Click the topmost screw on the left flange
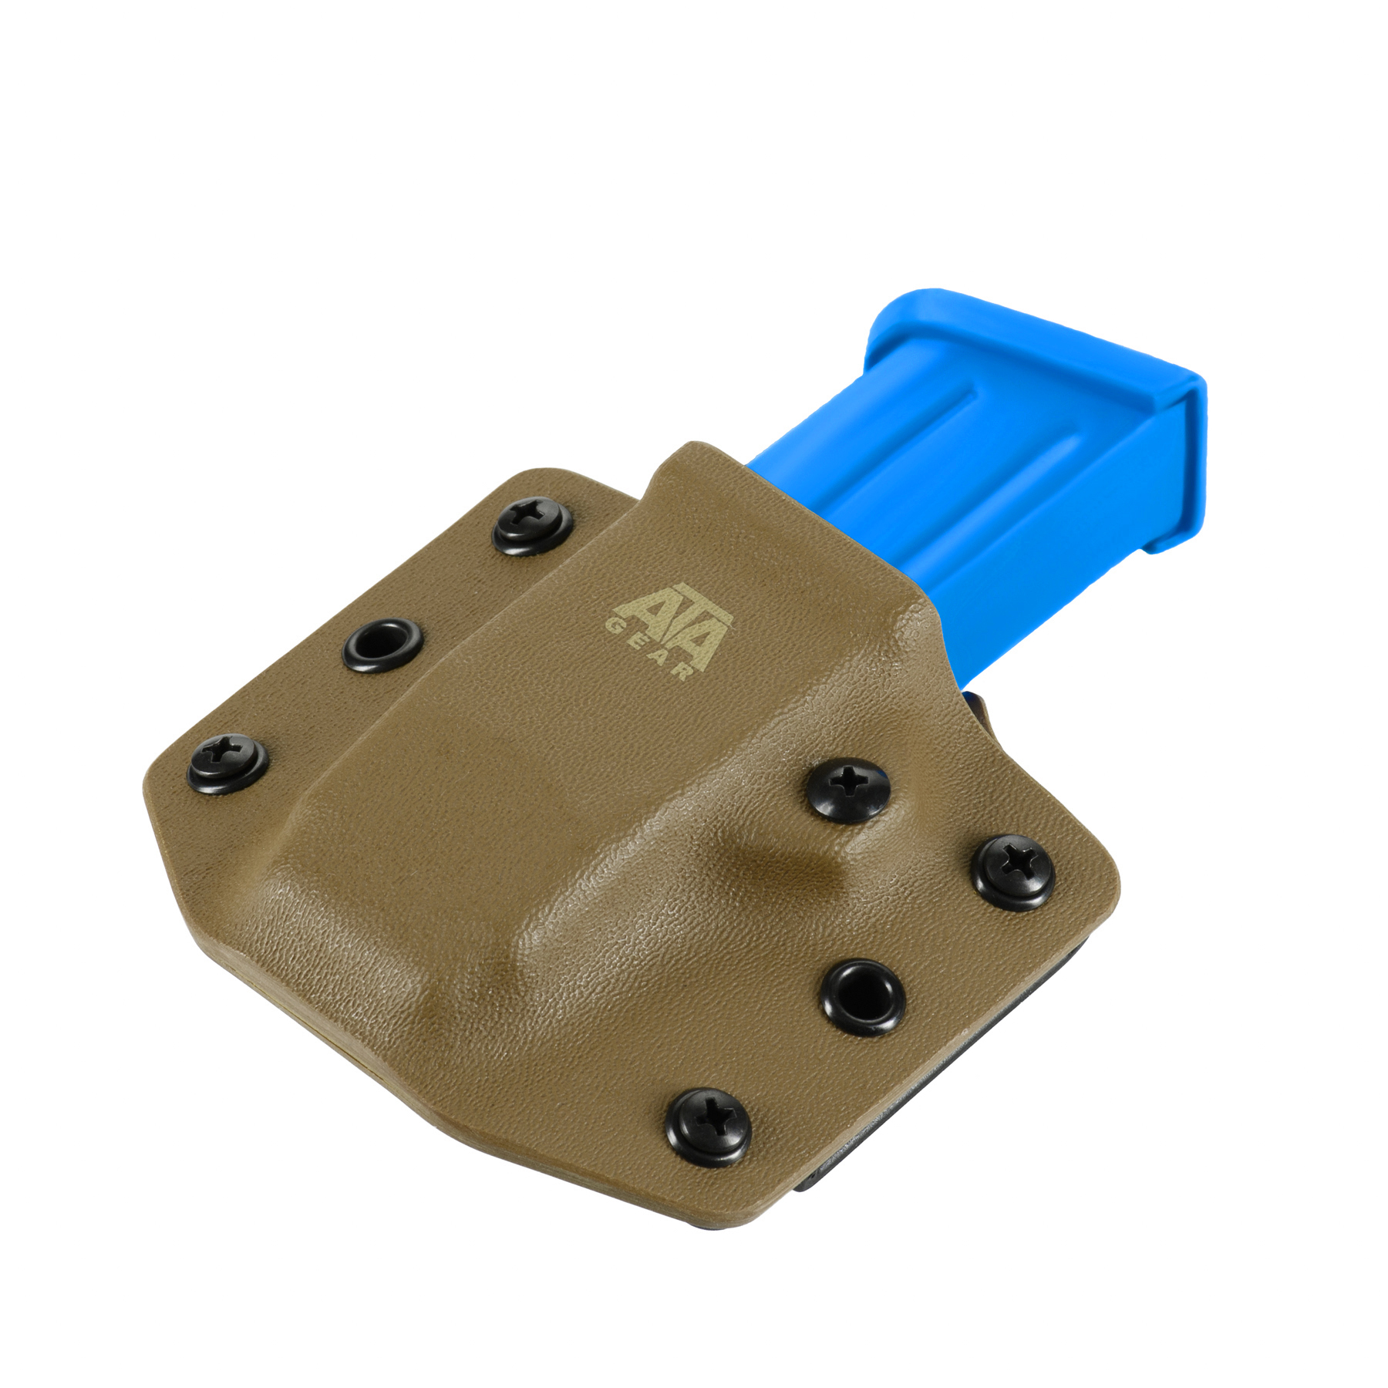tap(533, 527)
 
